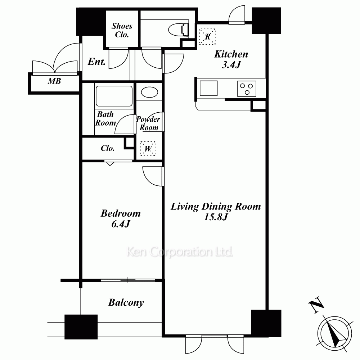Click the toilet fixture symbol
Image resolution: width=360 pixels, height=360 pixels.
179,30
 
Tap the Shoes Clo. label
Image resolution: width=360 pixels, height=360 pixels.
122,30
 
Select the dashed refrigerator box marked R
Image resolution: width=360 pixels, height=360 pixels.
207,36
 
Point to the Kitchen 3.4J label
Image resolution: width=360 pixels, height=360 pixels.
231,59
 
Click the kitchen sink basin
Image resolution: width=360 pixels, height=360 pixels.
208,88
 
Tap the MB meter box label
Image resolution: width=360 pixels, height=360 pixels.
54,81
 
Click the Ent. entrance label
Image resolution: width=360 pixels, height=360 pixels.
96,62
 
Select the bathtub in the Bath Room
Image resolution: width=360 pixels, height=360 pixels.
114,96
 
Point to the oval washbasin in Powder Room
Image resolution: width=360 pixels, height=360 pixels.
149,93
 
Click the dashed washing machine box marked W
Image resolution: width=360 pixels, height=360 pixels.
148,149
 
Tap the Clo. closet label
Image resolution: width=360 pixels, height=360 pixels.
108,148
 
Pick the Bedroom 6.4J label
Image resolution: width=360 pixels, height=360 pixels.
121,219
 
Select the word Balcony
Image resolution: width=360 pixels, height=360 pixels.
126,302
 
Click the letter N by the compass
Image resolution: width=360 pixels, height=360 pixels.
316,305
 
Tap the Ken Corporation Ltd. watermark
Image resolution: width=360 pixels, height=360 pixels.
180,252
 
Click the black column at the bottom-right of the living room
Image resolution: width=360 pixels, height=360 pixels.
266,324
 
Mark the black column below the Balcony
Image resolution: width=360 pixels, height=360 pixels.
81,327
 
